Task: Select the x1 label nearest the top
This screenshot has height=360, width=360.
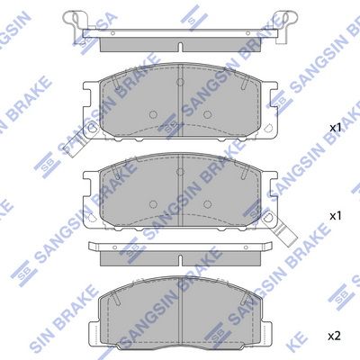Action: click(334, 129)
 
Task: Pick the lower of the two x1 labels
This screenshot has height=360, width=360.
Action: click(334, 216)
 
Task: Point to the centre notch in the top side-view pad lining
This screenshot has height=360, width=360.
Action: click(180, 43)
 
